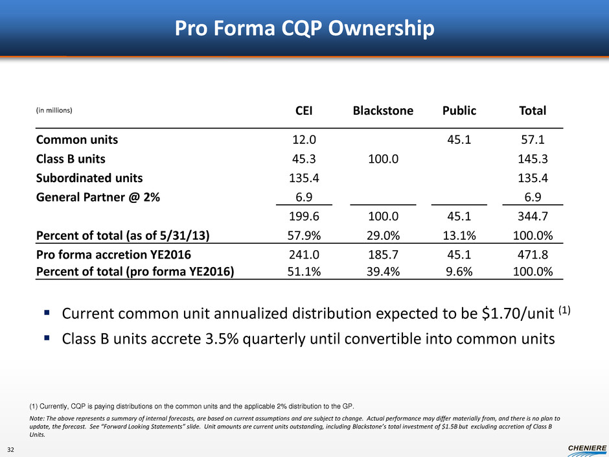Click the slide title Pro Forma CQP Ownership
point(304,29)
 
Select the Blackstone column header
point(383,111)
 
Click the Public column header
point(459,111)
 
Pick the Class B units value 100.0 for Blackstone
point(383,158)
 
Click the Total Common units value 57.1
point(533,139)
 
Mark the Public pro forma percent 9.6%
point(459,271)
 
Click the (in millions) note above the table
point(54,111)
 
